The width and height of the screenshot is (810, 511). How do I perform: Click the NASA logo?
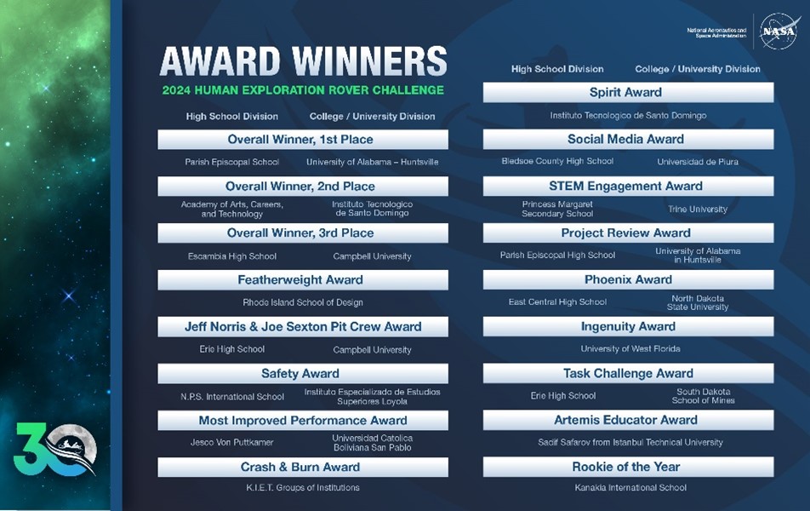click(779, 32)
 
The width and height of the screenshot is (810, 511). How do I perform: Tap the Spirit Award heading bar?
click(628, 93)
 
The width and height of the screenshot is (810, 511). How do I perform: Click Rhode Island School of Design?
click(303, 302)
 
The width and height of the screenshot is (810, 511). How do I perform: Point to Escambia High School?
click(232, 256)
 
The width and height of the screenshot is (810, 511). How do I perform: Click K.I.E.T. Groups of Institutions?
click(303, 488)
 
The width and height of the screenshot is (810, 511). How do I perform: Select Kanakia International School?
click(630, 488)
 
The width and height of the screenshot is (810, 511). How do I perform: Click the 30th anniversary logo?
click(54, 450)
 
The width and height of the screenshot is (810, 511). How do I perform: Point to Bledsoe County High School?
click(557, 161)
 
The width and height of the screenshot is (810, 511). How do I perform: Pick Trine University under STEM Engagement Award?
click(698, 209)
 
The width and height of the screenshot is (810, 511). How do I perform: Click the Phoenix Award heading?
click(628, 280)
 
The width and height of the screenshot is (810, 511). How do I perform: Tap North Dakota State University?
click(698, 302)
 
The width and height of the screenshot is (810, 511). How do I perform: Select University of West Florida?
click(630, 349)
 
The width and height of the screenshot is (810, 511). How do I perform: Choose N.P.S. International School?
click(232, 397)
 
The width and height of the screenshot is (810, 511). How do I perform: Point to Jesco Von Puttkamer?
click(232, 442)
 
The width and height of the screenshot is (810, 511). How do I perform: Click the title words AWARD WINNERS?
click(303, 61)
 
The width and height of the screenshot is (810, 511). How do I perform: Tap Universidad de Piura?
click(698, 162)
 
